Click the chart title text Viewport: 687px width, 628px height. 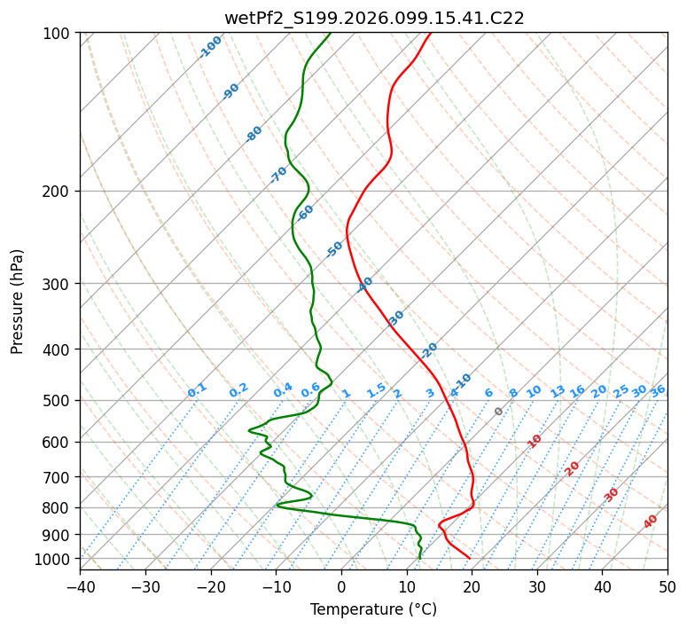click(373, 18)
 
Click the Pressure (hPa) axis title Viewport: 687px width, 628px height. click(18, 301)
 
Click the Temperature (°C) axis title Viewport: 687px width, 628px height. click(373, 609)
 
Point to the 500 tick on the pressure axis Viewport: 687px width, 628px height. click(59, 401)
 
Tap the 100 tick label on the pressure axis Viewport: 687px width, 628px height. click(59, 34)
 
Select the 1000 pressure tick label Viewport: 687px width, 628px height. click(55, 559)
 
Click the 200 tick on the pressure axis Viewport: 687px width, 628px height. click(59, 192)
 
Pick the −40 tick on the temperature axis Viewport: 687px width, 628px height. click(80, 587)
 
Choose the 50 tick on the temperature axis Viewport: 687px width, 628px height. click(667, 587)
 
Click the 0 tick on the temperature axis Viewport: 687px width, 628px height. click(341, 587)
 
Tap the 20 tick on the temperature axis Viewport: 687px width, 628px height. click(472, 587)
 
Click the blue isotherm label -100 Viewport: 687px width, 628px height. click(210, 46)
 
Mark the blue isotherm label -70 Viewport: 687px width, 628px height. click(278, 175)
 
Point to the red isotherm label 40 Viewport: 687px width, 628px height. click(651, 522)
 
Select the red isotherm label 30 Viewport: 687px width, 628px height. click(612, 495)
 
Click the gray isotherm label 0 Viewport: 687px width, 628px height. click(499, 412)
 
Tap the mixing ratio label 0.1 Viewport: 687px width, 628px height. click(197, 390)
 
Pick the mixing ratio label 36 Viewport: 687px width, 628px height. click(658, 390)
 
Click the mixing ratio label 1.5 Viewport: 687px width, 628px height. click(376, 390)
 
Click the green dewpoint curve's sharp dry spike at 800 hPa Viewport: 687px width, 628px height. click(277, 506)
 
